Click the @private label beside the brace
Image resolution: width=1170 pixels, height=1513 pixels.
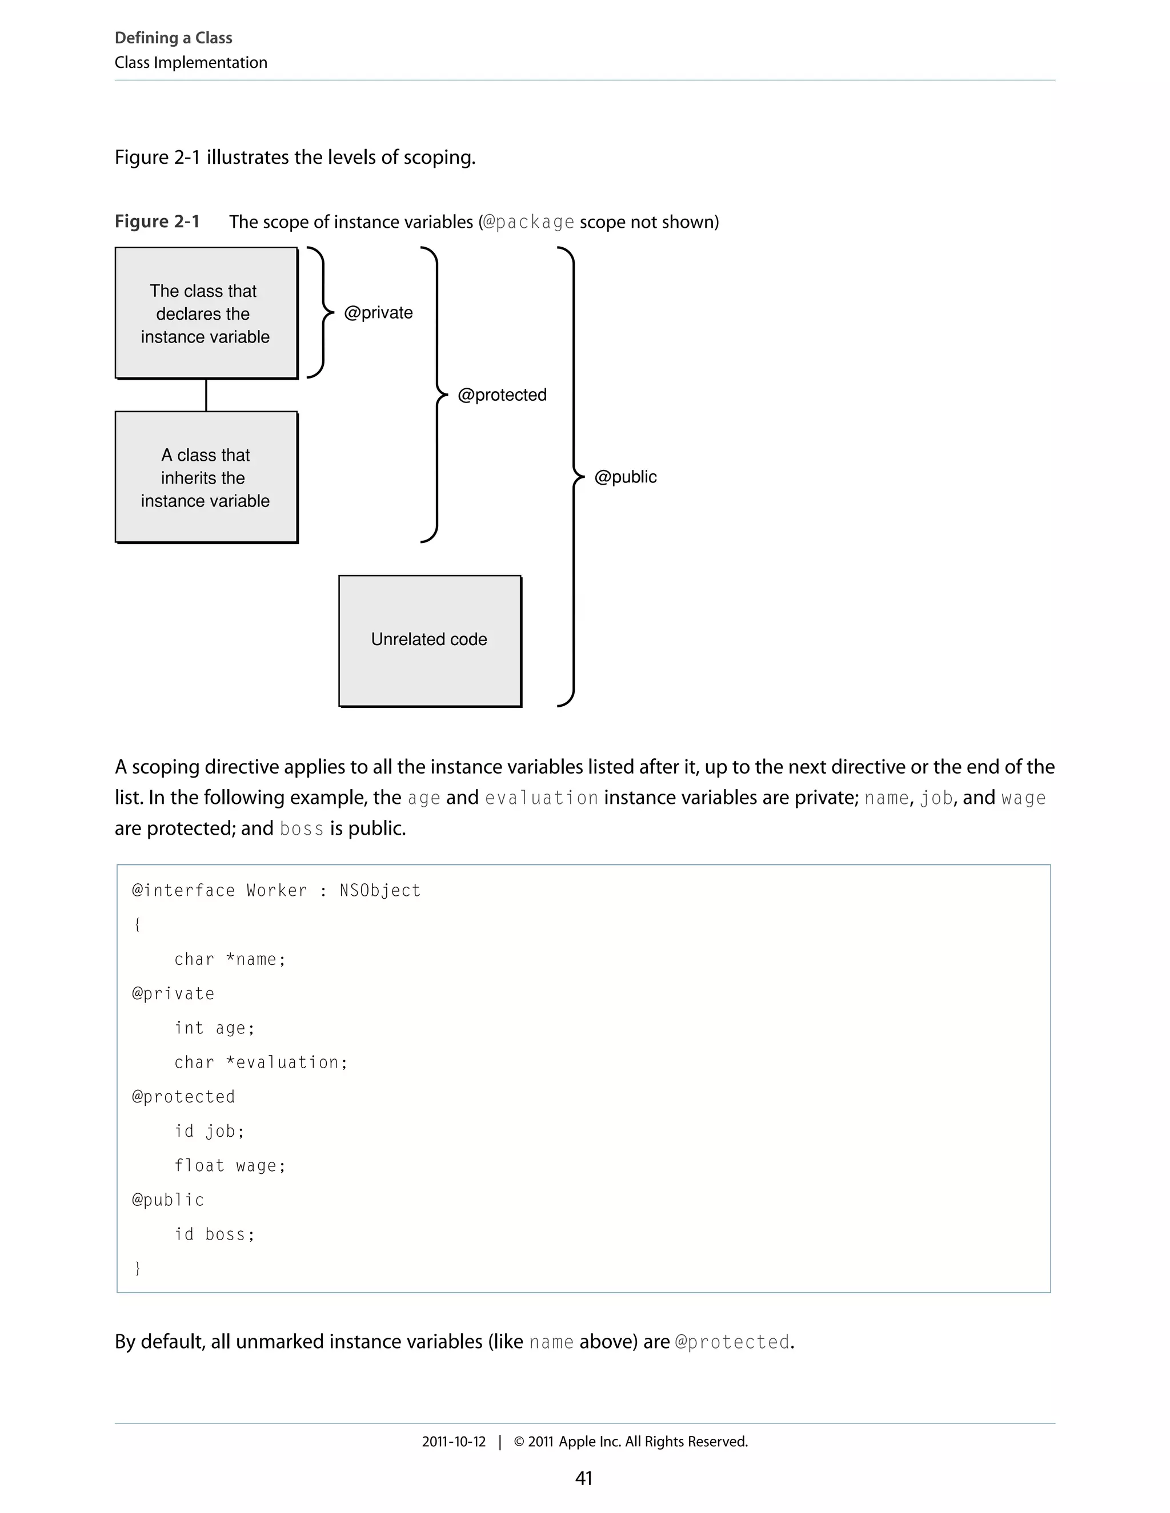click(378, 312)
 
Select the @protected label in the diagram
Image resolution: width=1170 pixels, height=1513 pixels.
click(502, 395)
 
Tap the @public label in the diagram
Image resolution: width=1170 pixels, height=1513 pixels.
click(625, 477)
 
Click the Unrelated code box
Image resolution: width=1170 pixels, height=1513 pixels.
click(430, 640)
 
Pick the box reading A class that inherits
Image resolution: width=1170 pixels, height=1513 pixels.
click(206, 477)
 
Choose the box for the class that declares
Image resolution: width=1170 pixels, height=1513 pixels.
click(206, 313)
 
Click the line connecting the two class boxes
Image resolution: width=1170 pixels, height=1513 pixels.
click(206, 395)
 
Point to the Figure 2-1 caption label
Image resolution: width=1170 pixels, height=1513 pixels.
click(157, 222)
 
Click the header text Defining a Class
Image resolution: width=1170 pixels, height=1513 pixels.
click(173, 38)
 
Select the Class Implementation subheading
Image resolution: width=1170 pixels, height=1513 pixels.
click(191, 62)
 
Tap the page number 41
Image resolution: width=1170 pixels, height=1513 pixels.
click(584, 1478)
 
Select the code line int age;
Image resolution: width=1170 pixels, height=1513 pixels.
click(214, 1028)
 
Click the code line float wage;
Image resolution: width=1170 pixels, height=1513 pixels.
click(230, 1166)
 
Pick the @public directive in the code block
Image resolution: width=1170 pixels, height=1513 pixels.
click(169, 1200)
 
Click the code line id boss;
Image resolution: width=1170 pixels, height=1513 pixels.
click(214, 1234)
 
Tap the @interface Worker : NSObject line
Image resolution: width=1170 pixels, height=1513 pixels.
click(276, 890)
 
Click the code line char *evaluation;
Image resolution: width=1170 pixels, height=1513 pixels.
click(261, 1063)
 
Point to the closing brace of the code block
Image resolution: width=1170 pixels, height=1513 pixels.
click(137, 1269)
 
